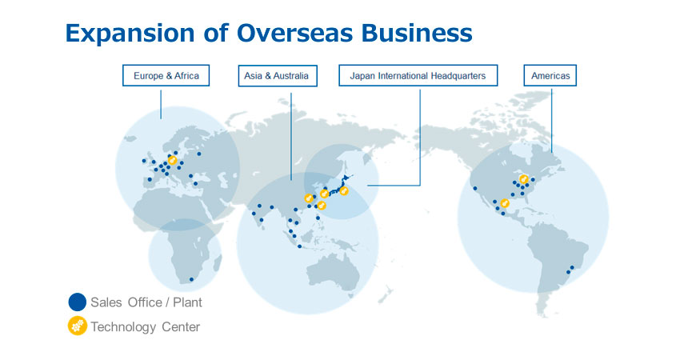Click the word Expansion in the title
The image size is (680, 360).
pyautogui.click(x=130, y=33)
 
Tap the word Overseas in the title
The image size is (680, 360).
pyautogui.click(x=295, y=33)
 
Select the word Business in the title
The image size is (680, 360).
pyautogui.click(x=417, y=33)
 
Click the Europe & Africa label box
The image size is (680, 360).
pyautogui.click(x=166, y=75)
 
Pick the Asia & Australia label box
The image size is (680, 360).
pyautogui.click(x=278, y=75)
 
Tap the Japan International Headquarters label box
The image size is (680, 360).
pyautogui.click(x=418, y=75)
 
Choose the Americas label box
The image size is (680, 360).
pyautogui.click(x=550, y=75)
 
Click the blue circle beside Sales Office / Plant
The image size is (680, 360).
pyautogui.click(x=77, y=302)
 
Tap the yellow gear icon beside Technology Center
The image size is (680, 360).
pyautogui.click(x=77, y=326)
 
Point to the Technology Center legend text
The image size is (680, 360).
pyautogui.click(x=146, y=326)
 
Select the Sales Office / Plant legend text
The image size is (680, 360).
pyautogui.click(x=146, y=302)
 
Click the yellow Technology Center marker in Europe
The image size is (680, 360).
pyautogui.click(x=172, y=161)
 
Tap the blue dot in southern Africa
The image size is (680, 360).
pyautogui.click(x=192, y=279)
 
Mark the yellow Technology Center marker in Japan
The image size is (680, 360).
pyautogui.click(x=344, y=190)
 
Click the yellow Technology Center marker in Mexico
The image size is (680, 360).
pyautogui.click(x=504, y=203)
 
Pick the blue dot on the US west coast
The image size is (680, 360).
pyautogui.click(x=475, y=188)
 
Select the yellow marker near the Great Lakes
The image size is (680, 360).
pyautogui.click(x=524, y=179)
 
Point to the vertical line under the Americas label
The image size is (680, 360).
pyautogui.click(x=552, y=121)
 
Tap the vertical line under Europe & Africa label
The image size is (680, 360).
pyautogui.click(x=161, y=105)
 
